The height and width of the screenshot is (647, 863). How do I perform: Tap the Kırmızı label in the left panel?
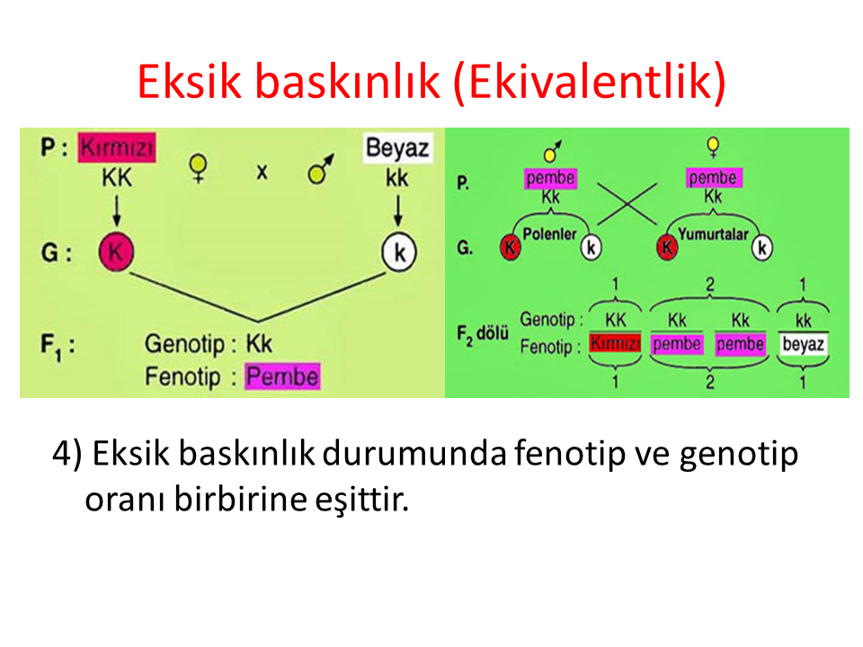117,147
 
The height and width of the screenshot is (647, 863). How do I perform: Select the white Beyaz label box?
397,148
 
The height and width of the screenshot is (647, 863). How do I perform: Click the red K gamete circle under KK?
116,252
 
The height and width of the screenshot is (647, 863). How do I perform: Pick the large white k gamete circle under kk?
399,253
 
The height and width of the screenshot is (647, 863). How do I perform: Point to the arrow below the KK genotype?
117,210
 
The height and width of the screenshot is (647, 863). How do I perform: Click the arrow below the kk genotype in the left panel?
398,210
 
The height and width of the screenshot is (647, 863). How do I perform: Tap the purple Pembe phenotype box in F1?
282,377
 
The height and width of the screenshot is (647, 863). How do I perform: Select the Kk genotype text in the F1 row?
259,344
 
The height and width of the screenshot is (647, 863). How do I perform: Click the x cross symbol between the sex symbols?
262,173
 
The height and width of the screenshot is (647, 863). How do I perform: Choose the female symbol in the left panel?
198,168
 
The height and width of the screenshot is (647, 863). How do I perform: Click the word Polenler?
549,235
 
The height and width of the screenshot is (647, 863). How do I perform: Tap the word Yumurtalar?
713,235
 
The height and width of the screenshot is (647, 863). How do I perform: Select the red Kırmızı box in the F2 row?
615,343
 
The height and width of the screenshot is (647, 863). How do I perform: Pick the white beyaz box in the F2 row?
803,344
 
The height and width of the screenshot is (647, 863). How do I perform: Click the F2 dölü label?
483,334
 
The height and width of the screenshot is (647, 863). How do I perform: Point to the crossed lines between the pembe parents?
627,204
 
